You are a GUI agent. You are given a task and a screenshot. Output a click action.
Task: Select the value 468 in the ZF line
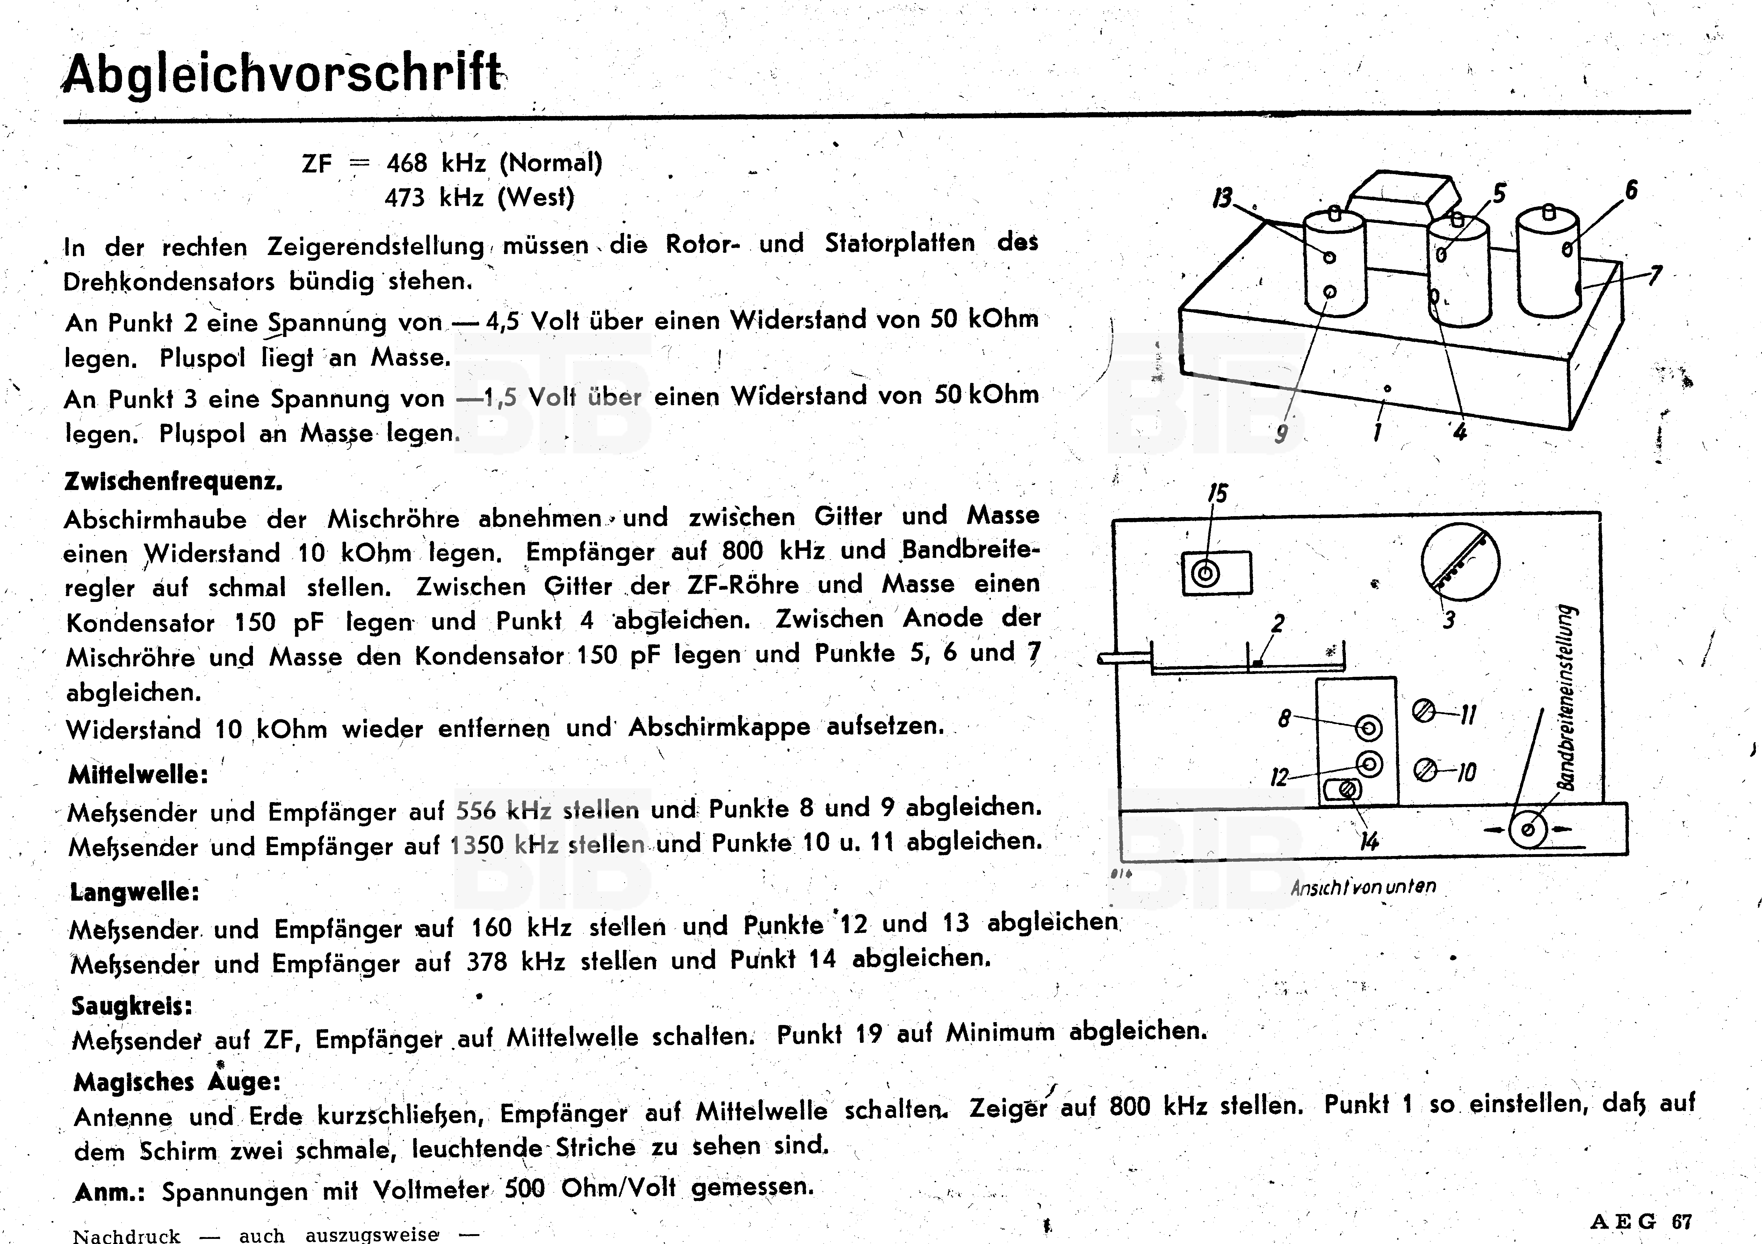coord(407,163)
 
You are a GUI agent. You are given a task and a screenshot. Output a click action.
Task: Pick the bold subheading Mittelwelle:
coord(138,774)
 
